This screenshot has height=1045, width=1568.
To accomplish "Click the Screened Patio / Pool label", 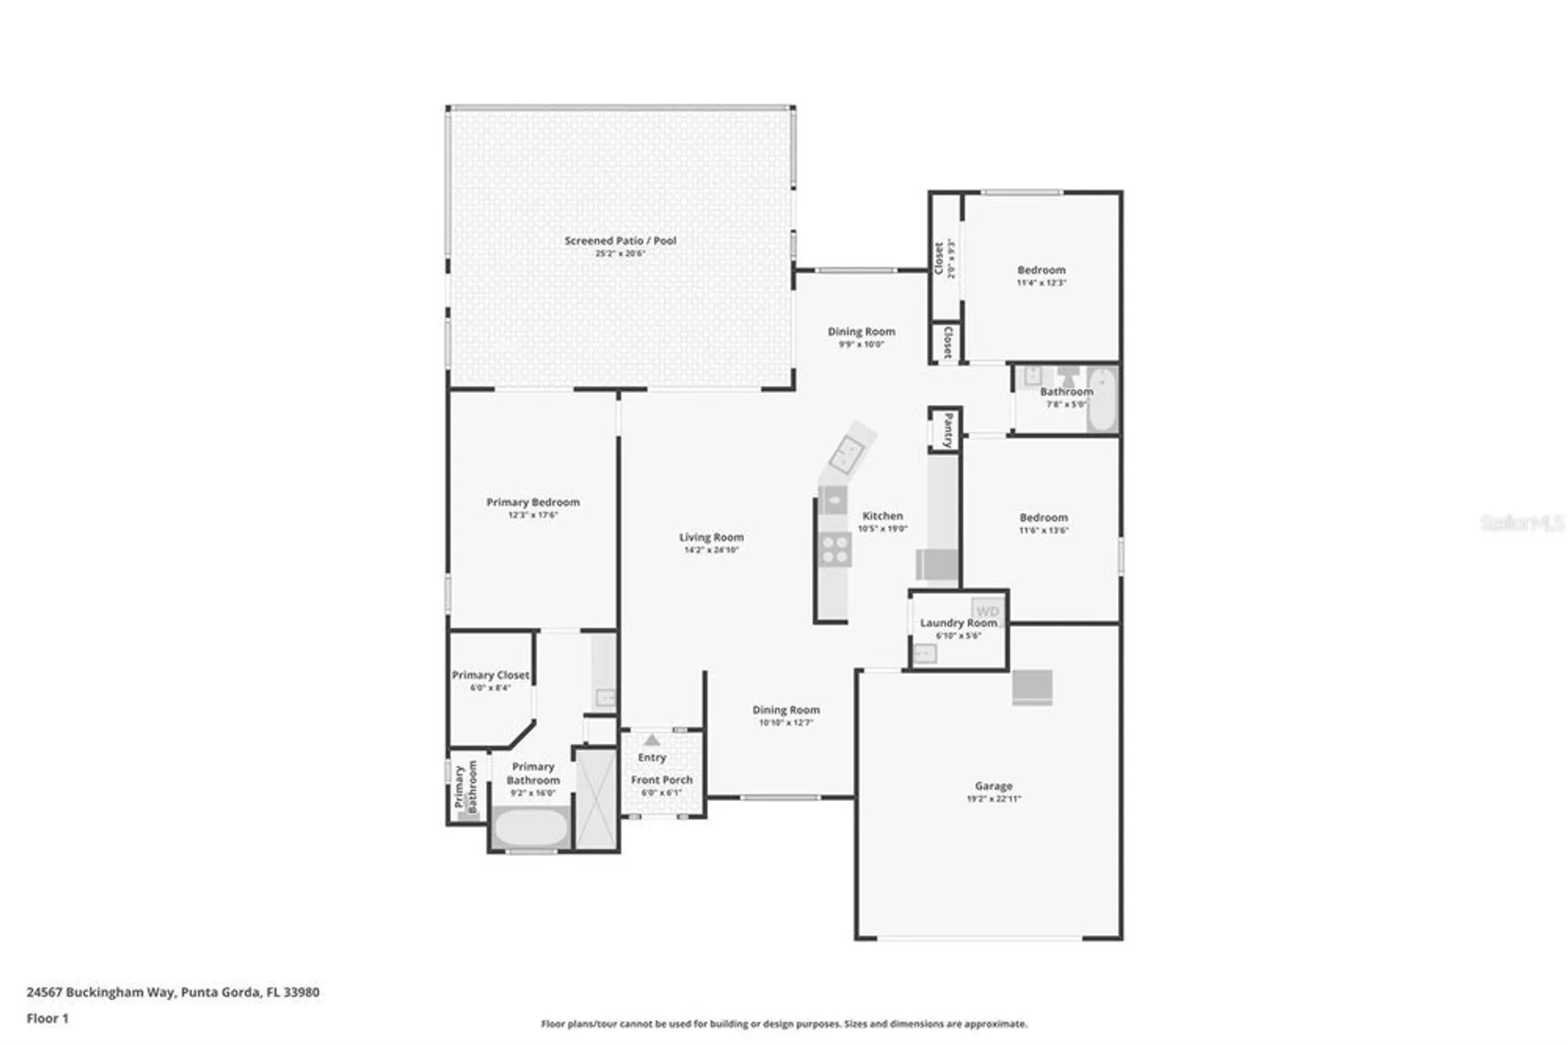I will coord(620,241).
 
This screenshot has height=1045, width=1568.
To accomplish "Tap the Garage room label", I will coord(993,785).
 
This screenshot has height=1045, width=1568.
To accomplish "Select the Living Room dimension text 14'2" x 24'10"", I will coord(711,550).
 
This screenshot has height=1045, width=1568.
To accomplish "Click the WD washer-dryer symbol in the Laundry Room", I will coord(987,611).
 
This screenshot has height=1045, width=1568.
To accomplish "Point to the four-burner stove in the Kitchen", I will coord(835,548).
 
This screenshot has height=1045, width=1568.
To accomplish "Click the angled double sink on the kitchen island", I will coord(848,453).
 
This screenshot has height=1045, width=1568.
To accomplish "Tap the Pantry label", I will coord(948,430).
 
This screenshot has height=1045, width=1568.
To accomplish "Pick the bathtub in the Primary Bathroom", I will coord(531,828).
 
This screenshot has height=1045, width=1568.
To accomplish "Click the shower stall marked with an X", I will coord(597,799).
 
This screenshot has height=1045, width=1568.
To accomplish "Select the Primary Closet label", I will coord(491,675).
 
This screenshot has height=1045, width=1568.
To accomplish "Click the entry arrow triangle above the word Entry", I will coord(652,740).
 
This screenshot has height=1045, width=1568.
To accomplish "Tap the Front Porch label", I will coord(662,780).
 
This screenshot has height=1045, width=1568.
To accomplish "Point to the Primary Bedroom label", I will coord(533,502).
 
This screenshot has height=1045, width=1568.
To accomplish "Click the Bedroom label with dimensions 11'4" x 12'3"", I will coord(1041,270).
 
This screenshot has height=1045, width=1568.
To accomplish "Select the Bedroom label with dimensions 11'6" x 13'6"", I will coord(1044,518).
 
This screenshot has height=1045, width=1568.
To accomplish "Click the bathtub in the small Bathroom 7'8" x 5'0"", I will coord(1102,400).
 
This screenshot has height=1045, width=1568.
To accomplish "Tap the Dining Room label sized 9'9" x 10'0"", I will coord(861,332).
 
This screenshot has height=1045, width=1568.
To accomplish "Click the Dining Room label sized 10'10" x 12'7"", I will coord(786,710).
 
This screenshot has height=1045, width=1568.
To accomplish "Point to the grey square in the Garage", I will coord(1032,687).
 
